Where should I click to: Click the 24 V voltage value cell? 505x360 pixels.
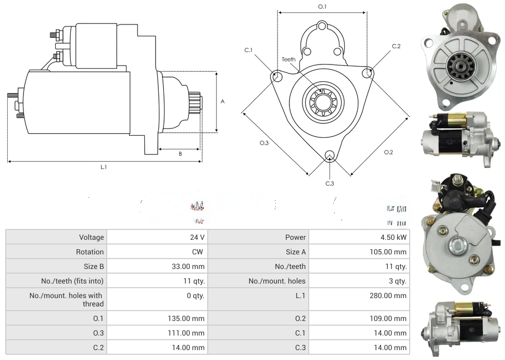point(197,237)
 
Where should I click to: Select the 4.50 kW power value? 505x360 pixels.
point(394,237)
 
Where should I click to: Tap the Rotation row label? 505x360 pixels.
point(90,252)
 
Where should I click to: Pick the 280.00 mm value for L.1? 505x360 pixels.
point(389,295)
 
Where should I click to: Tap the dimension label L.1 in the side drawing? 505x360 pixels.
point(104,167)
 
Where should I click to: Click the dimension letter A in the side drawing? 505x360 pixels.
point(223,101)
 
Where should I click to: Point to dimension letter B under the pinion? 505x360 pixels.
point(180,154)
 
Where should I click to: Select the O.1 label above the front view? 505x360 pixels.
point(322,7)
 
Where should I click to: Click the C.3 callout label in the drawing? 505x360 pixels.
point(330,183)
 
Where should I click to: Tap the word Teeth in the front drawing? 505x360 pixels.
point(288,59)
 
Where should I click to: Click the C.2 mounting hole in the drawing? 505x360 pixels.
point(368,72)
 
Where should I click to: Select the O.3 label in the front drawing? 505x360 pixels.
point(264,143)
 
